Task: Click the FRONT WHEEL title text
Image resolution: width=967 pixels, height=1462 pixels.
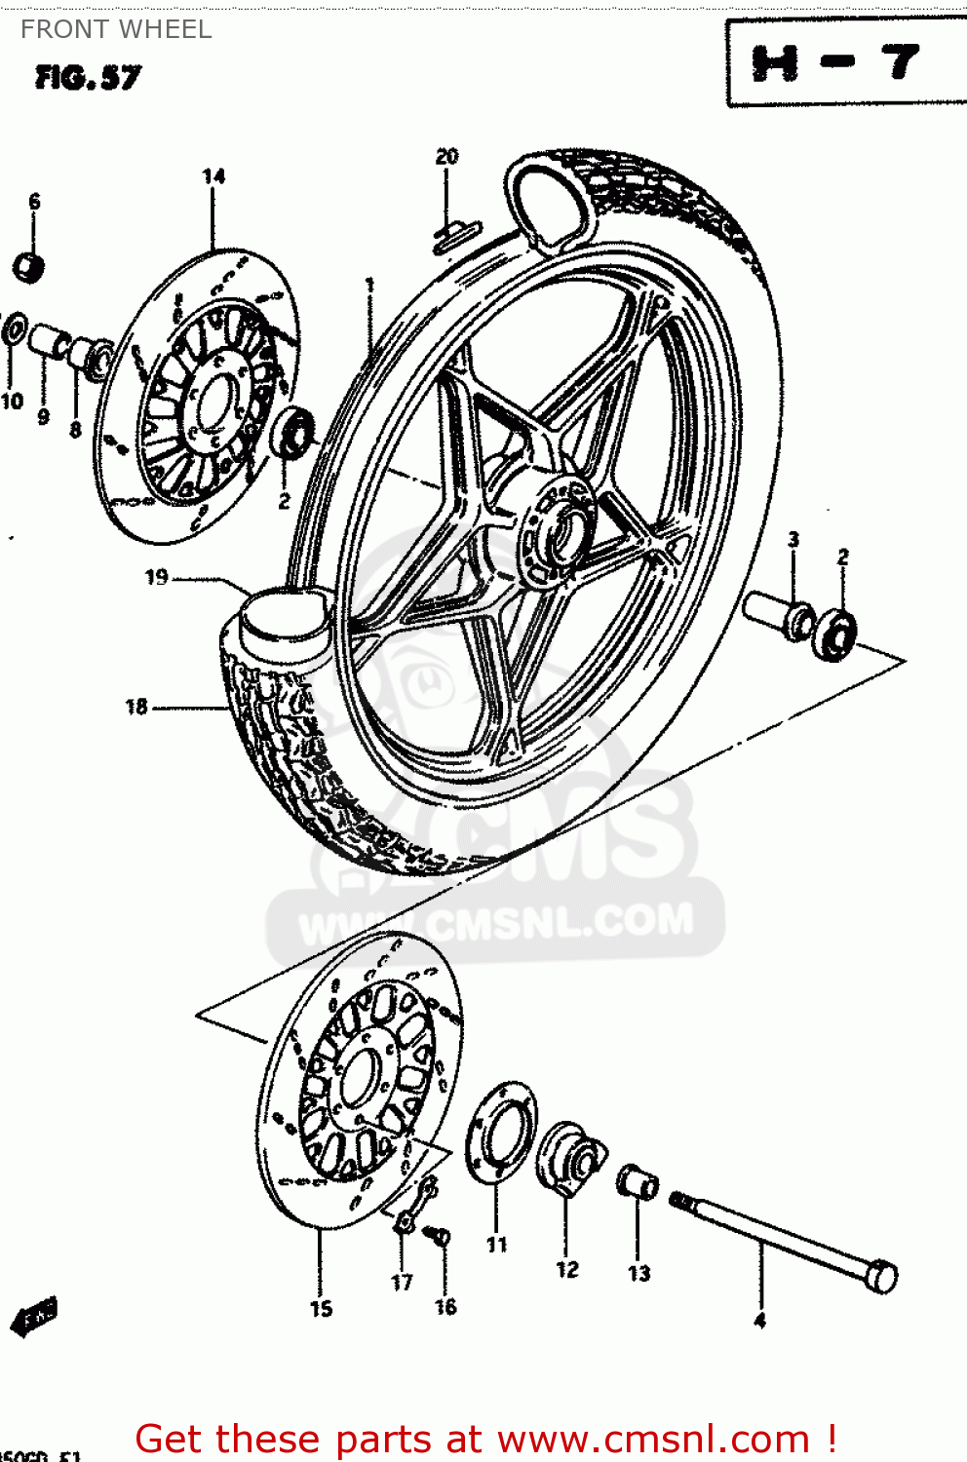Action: coord(116,30)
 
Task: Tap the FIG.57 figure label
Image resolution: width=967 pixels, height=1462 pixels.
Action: coord(88,78)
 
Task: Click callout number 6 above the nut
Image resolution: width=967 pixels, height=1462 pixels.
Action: coord(35,202)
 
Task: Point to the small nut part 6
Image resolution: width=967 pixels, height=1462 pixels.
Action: coord(29,266)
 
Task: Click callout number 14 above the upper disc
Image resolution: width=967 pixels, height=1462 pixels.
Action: coord(213,176)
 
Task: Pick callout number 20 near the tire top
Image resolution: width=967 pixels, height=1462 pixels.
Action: coord(446,157)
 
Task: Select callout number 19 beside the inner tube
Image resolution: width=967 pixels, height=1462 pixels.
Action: coord(157,578)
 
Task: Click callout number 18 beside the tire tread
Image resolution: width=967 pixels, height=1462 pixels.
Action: coord(136,707)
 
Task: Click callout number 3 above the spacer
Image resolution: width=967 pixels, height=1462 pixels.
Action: coord(793,539)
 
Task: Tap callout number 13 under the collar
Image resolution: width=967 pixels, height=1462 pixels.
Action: coord(638,1273)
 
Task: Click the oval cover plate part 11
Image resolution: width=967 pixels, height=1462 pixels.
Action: coord(500,1134)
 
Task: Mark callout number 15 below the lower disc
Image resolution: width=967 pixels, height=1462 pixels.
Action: coord(322,1309)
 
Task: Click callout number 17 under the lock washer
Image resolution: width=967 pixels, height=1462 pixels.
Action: coord(402,1283)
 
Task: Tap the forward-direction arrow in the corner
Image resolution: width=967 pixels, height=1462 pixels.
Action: coord(35,1318)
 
